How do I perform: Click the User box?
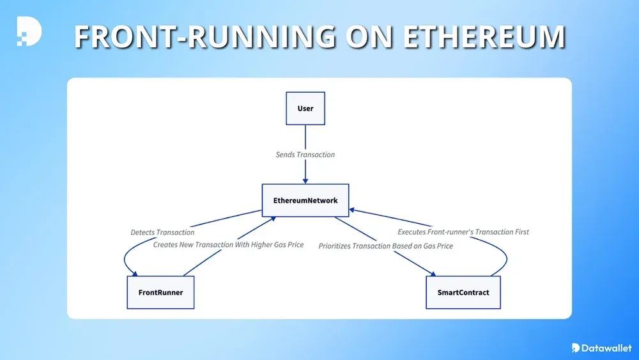305,109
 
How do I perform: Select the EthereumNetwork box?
305,201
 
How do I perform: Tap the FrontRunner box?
160,292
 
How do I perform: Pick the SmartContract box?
463,292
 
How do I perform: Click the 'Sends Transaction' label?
305,155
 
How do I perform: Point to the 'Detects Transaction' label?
162,232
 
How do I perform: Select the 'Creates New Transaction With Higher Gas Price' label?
228,244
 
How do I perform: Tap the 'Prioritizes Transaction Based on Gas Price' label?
385,246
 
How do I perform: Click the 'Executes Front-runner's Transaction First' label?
463,232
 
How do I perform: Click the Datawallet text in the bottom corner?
606,348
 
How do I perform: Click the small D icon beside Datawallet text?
576,348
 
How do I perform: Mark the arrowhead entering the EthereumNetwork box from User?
305,181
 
